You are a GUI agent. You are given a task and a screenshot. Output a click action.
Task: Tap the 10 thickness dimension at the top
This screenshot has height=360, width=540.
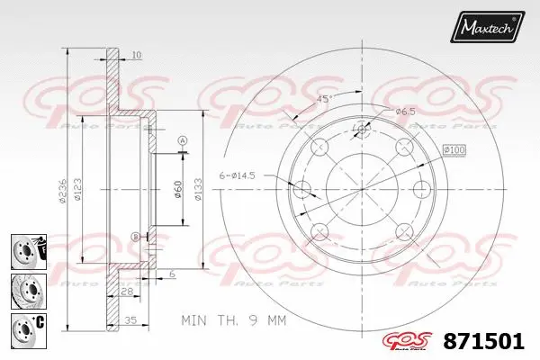pyautogui.click(x=136, y=56)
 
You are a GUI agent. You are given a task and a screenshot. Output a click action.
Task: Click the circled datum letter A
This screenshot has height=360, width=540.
pyautogui.click(x=182, y=140)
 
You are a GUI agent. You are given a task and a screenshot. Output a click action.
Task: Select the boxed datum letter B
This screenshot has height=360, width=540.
pyautogui.click(x=136, y=236)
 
